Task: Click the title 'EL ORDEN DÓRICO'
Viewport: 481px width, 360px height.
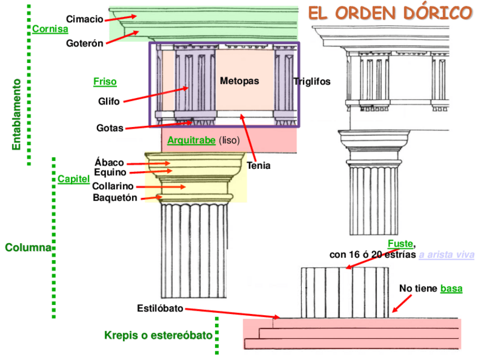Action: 390,12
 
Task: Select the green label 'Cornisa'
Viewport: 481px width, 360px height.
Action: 50,29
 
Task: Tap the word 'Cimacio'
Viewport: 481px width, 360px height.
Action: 85,19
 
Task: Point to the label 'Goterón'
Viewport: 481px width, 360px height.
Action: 85,44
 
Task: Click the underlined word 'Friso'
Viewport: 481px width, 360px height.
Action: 105,82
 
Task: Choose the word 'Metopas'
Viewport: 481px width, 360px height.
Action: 239,81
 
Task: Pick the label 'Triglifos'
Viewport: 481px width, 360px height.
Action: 312,82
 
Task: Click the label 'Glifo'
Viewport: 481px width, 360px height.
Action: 108,102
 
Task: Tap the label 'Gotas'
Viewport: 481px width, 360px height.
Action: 109,128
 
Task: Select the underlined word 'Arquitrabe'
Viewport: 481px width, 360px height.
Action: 191,140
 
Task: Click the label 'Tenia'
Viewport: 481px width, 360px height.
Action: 259,166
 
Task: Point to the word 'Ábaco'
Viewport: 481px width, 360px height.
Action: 109,163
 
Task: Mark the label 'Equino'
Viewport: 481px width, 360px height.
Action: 110,172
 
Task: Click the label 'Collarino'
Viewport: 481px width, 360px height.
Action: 113,186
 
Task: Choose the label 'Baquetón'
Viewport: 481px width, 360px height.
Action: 115,197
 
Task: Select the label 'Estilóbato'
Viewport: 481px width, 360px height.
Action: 160,308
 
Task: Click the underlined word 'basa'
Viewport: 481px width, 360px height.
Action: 452,289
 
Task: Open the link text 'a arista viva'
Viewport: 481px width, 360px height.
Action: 446,255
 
